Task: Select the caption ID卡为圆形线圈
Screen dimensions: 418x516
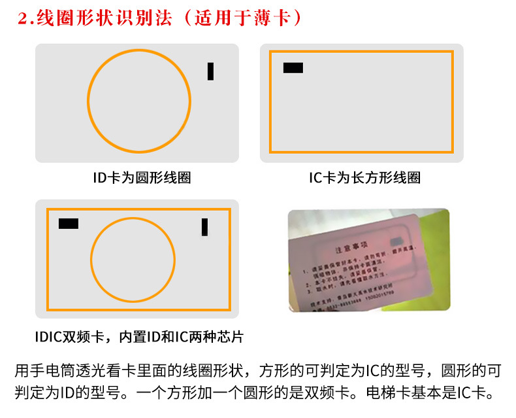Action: (137, 177)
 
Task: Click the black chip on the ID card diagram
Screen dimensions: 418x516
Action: (210, 71)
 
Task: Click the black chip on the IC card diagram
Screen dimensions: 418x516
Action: (293, 67)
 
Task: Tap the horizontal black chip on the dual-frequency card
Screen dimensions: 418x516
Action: (69, 224)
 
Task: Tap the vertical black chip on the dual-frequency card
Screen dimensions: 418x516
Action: (204, 226)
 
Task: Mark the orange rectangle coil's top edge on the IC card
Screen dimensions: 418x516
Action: (361, 51)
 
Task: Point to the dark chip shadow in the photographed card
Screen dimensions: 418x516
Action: (396, 243)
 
